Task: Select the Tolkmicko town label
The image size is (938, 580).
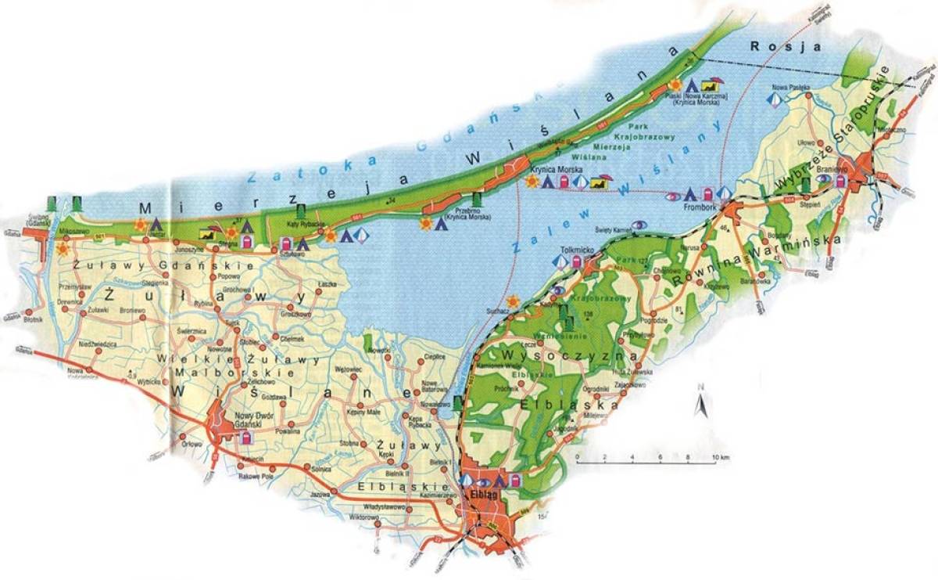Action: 576,250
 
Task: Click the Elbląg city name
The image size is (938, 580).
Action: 481,493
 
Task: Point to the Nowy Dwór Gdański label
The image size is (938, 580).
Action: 240,420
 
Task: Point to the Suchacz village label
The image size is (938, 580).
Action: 499,311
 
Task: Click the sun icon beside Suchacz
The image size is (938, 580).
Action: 513,301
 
